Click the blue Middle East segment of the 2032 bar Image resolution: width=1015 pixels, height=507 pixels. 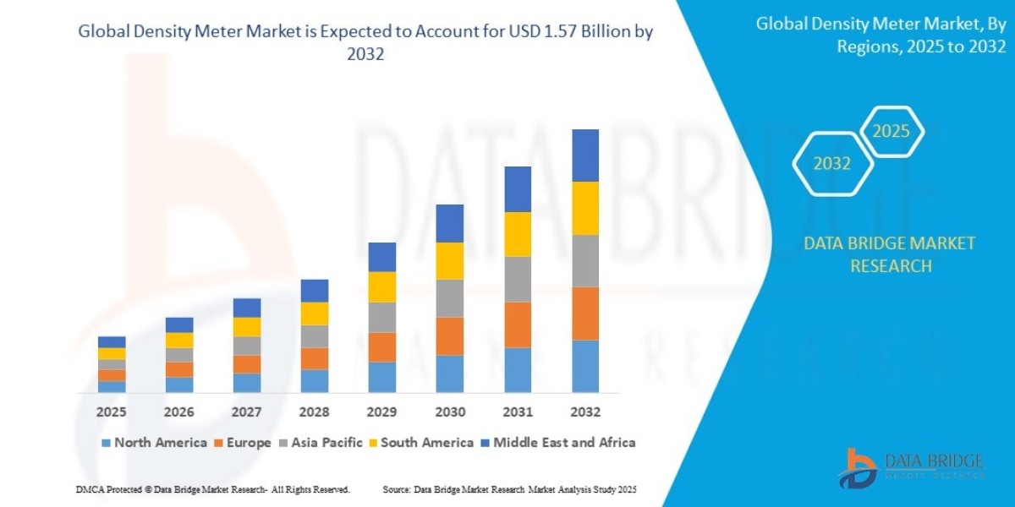[585, 155]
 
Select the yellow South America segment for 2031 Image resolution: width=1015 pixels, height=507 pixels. [518, 234]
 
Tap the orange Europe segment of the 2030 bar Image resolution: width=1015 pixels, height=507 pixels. [450, 336]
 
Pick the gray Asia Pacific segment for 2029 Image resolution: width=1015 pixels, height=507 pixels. [382, 317]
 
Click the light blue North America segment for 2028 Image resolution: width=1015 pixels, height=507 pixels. [315, 381]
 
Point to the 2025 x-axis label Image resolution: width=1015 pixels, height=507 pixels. [112, 412]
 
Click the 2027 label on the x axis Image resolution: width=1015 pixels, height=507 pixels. [247, 412]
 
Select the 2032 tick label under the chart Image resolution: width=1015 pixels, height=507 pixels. [585, 412]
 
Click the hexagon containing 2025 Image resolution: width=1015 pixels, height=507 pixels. [891, 132]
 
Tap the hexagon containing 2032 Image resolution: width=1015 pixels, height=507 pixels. [832, 164]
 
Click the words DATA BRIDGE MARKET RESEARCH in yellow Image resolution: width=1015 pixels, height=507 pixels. [889, 254]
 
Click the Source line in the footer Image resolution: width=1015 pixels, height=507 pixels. [509, 490]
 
